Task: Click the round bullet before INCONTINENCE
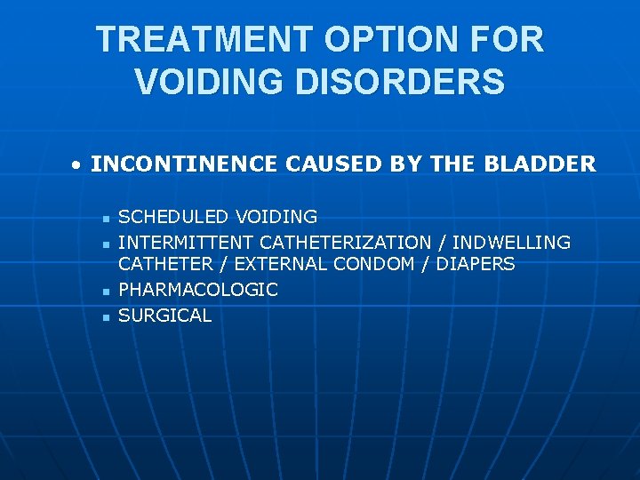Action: coord(78,165)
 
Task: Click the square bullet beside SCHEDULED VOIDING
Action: coord(105,218)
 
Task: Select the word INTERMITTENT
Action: coord(186,242)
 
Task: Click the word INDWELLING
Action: coord(512,242)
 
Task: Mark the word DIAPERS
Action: coord(476,264)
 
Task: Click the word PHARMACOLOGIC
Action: coord(198,290)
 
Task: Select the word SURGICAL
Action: coord(165,316)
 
